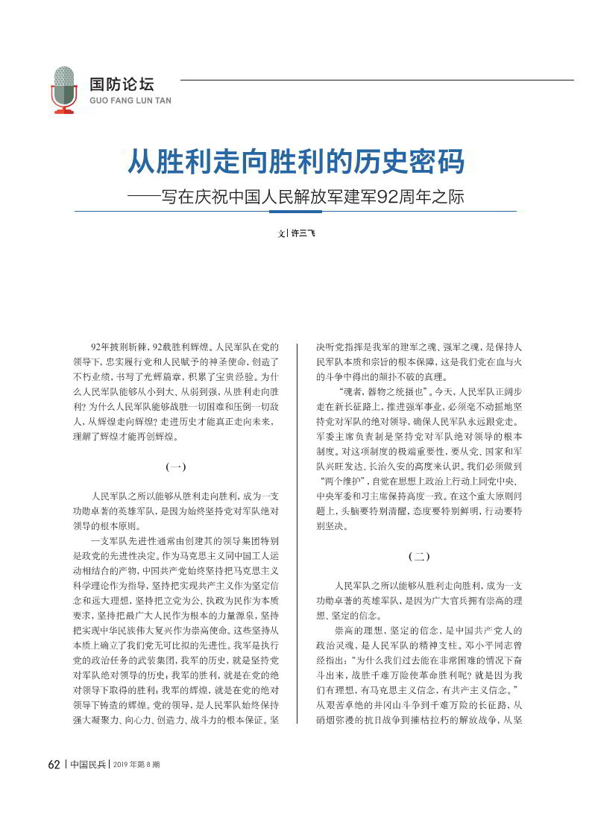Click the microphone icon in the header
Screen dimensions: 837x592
[65, 89]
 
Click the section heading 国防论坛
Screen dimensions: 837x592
[122, 84]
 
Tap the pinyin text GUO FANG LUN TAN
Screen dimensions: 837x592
[130, 100]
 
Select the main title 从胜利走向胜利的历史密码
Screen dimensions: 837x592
[296, 161]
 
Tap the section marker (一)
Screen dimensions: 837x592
[175, 467]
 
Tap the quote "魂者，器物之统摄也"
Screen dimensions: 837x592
[381, 391]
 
